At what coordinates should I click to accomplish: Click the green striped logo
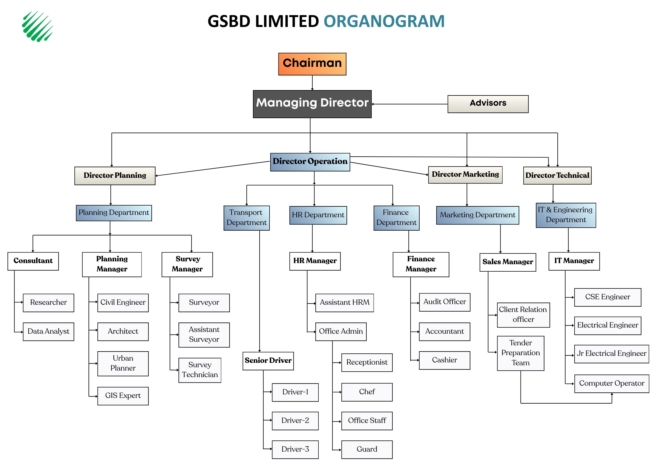(x=37, y=26)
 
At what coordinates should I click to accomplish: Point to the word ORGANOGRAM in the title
(x=384, y=21)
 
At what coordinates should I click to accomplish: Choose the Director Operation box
(x=310, y=162)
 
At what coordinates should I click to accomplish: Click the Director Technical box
(x=557, y=175)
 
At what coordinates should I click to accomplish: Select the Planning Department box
(x=114, y=213)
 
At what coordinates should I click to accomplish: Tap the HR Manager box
(x=315, y=261)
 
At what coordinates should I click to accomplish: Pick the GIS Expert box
(x=123, y=396)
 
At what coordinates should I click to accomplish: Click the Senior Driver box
(x=268, y=361)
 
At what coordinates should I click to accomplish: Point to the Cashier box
(x=444, y=360)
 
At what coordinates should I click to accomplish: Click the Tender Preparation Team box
(x=520, y=353)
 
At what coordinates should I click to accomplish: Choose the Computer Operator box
(x=611, y=383)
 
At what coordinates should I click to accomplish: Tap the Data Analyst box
(x=48, y=331)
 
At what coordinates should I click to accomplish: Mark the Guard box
(x=367, y=449)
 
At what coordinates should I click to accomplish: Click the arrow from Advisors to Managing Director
(x=409, y=104)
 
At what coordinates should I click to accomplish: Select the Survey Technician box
(x=200, y=370)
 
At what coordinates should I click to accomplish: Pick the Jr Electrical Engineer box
(x=611, y=354)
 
